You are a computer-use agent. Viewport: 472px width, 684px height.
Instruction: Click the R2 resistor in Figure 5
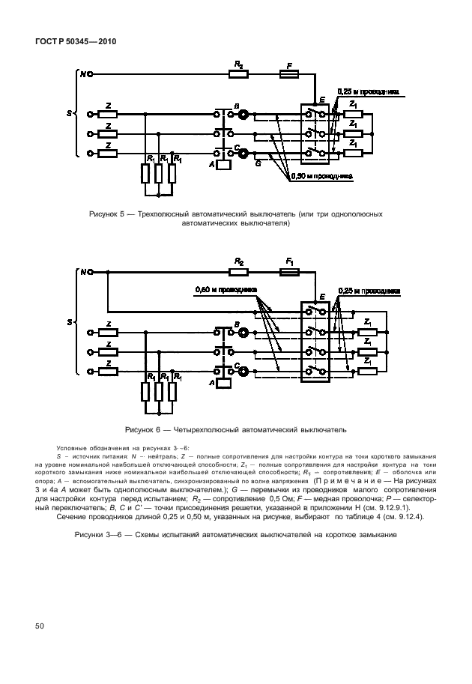(239, 74)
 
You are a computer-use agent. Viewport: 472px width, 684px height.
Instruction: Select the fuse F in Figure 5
(289, 74)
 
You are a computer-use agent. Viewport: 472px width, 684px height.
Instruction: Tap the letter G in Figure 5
(258, 162)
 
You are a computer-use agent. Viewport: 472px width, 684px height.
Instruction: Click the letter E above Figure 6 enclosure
(321, 297)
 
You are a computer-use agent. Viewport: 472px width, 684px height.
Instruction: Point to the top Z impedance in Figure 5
(109, 115)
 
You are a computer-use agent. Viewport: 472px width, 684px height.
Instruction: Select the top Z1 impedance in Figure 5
(354, 115)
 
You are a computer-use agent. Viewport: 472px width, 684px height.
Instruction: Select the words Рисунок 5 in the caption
(109, 214)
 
